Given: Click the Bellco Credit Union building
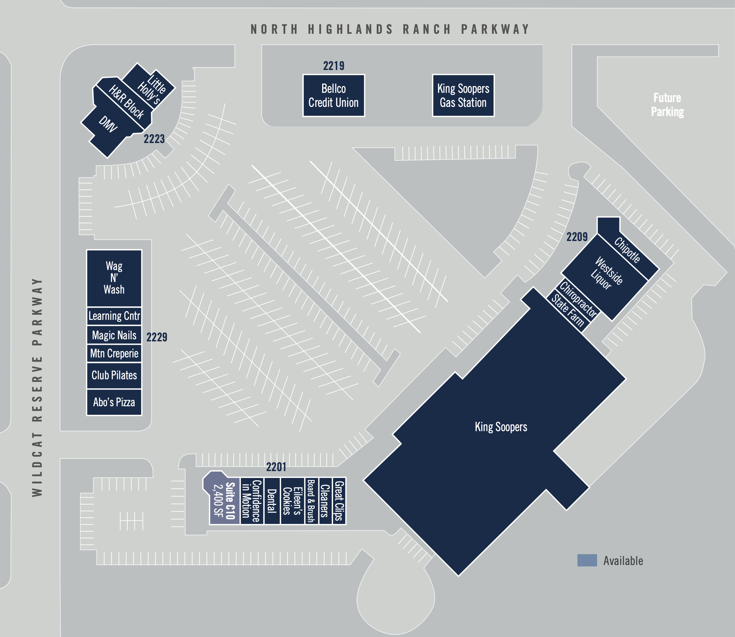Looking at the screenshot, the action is click(x=334, y=95).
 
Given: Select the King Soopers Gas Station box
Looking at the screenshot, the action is click(x=463, y=95).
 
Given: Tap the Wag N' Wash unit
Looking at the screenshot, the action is click(x=114, y=278).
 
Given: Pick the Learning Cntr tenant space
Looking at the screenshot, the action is click(x=114, y=316).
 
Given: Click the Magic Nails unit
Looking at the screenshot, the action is click(x=114, y=335).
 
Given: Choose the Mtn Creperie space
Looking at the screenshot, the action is click(x=114, y=353).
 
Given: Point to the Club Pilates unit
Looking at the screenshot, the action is click(x=114, y=376).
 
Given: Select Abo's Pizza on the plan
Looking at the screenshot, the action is click(x=114, y=402).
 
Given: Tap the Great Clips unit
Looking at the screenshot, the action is click(x=339, y=500).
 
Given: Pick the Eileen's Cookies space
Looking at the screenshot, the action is click(x=293, y=500).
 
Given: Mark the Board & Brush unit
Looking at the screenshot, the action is click(x=312, y=500).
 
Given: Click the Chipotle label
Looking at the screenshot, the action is click(x=628, y=250).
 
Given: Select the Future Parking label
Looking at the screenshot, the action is click(x=667, y=104).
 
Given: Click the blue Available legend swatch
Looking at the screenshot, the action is click(x=587, y=560).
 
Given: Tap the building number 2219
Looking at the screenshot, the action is click(x=334, y=66).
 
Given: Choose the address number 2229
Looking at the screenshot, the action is click(x=157, y=337).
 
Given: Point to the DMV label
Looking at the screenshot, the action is click(x=107, y=124).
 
